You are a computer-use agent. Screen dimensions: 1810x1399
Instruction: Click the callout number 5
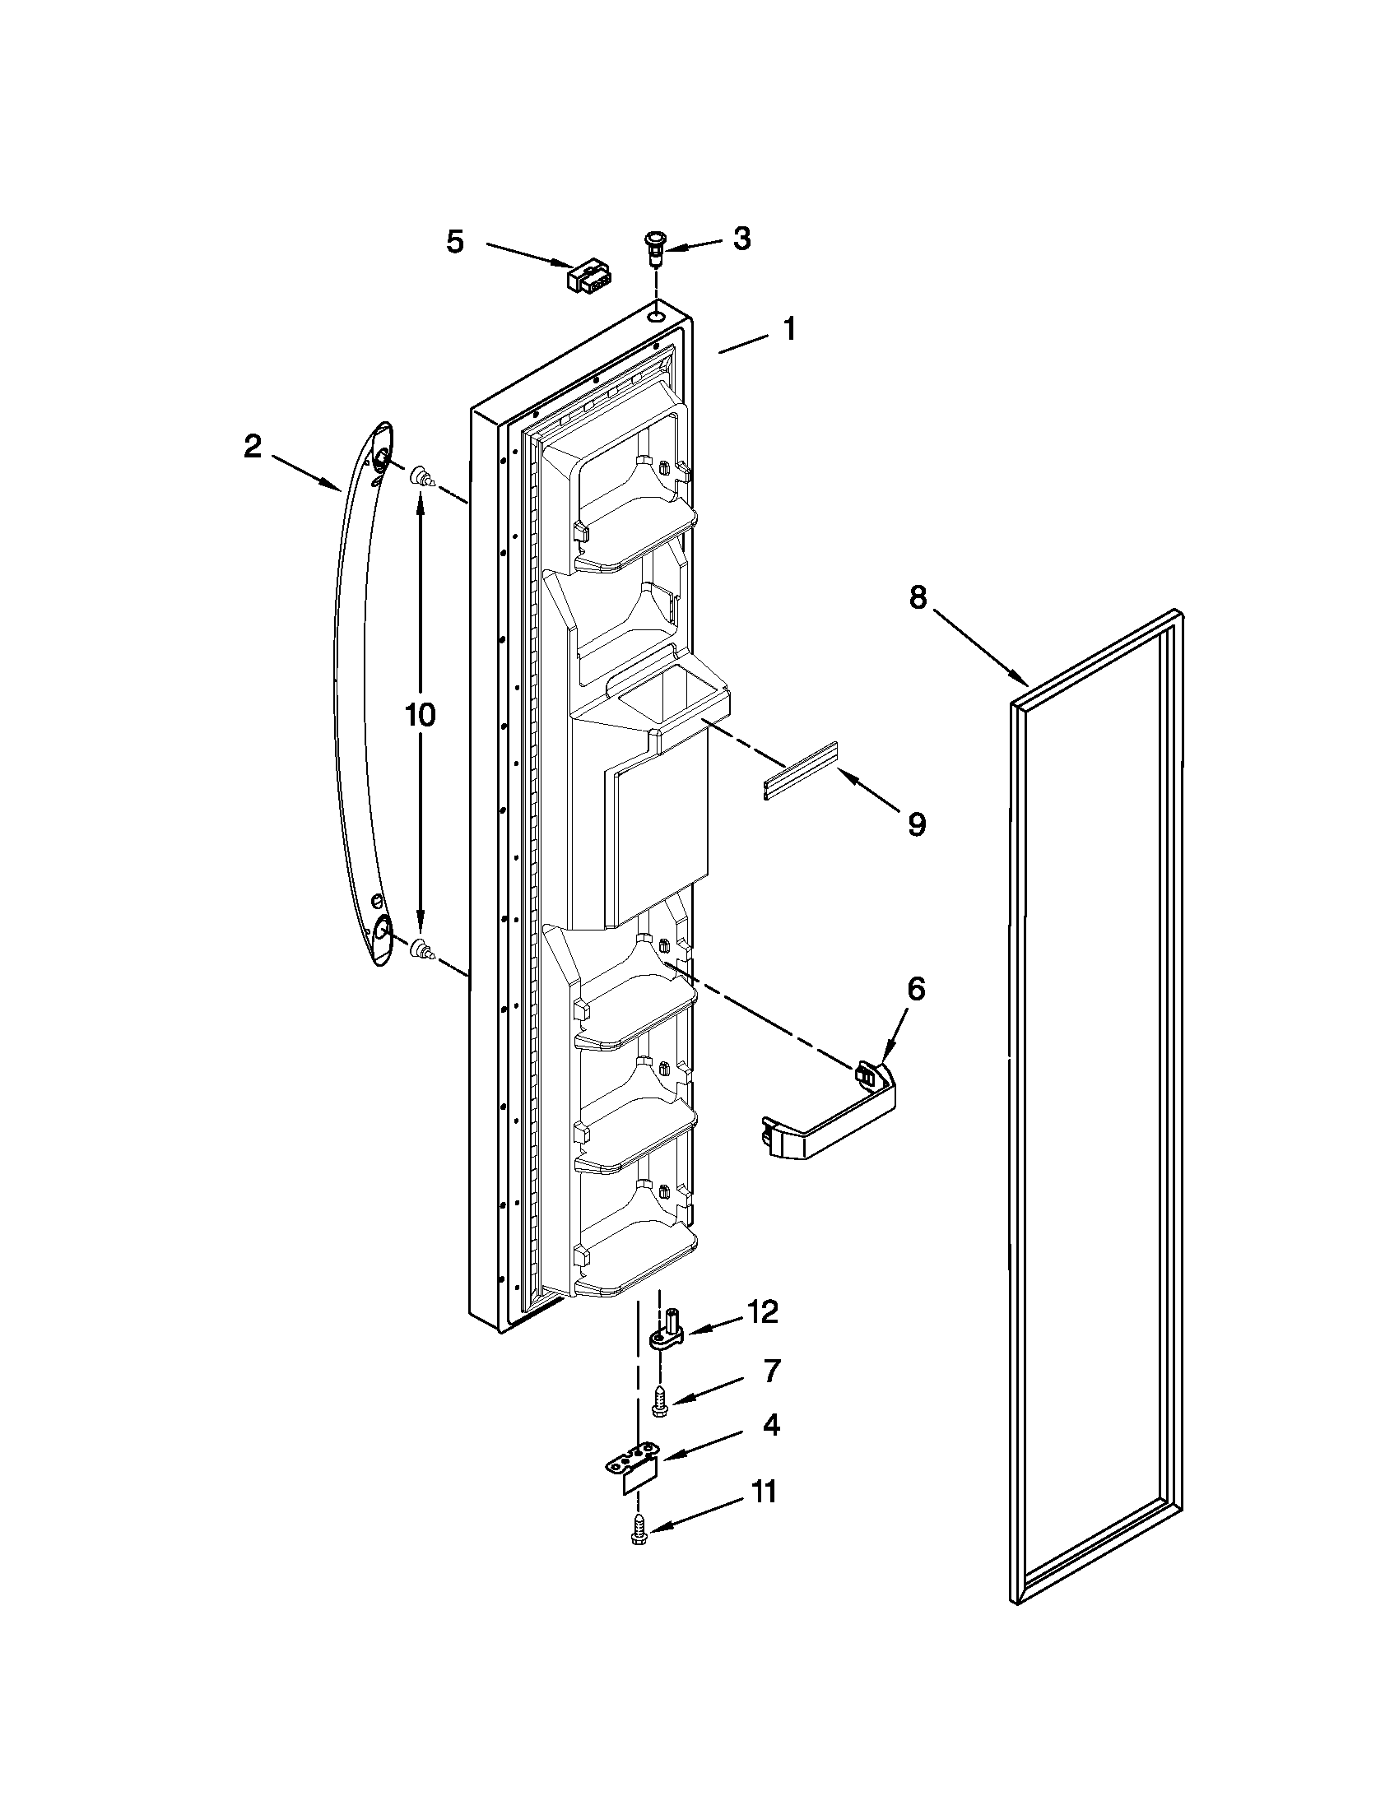pos(455,242)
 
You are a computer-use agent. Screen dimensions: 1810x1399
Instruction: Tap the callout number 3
pos(741,239)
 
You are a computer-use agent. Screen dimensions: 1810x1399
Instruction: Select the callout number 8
pos(918,596)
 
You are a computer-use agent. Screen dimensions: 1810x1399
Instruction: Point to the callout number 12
pos(763,1312)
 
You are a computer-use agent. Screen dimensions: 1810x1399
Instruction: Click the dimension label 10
pos(421,714)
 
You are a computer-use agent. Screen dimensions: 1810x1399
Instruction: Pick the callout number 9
pos(916,824)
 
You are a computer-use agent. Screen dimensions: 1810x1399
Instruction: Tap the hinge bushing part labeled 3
pos(655,246)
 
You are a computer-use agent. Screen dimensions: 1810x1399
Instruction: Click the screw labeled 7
pos(660,1400)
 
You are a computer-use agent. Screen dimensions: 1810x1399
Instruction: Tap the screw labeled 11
pos(639,1529)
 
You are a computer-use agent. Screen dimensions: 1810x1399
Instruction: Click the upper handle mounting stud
pos(421,476)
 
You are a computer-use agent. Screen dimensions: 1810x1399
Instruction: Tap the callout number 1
pos(790,329)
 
